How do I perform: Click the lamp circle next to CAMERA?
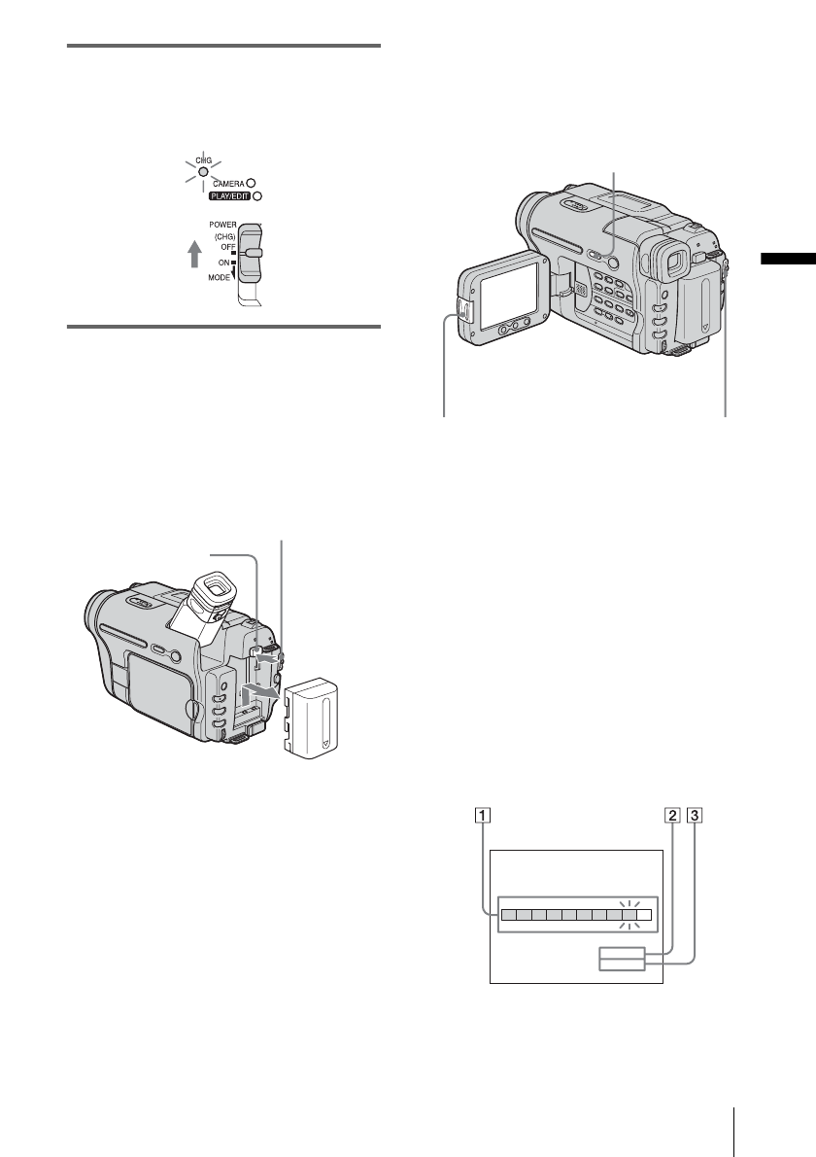[251, 182]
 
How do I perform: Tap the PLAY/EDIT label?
[228, 195]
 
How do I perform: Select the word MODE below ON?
[221, 278]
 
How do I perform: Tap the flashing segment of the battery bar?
[629, 914]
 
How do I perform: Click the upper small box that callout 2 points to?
[621, 952]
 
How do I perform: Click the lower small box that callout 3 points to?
[621, 964]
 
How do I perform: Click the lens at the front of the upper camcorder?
[531, 216]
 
